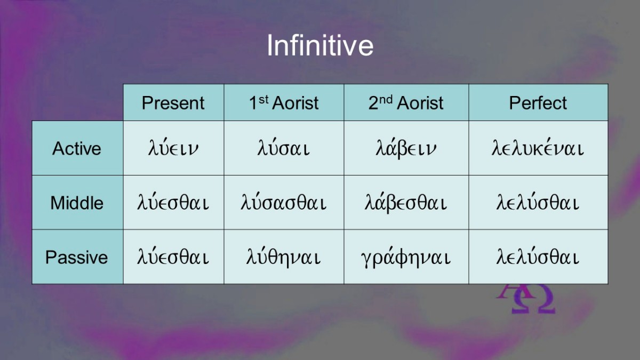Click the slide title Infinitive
tap(320, 46)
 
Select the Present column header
tap(173, 103)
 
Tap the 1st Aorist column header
tap(284, 102)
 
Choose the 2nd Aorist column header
tap(406, 102)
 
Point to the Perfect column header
tap(538, 103)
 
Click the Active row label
tap(77, 149)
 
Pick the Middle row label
tap(77, 203)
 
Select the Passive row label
tap(77, 257)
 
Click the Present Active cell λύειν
tap(173, 148)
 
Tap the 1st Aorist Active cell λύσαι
tap(283, 148)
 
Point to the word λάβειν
tap(406, 149)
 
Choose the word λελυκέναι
tap(538, 148)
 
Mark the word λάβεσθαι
tap(406, 203)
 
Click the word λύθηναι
tap(283, 257)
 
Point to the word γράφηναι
tap(406, 258)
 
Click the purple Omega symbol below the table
tap(533, 300)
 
